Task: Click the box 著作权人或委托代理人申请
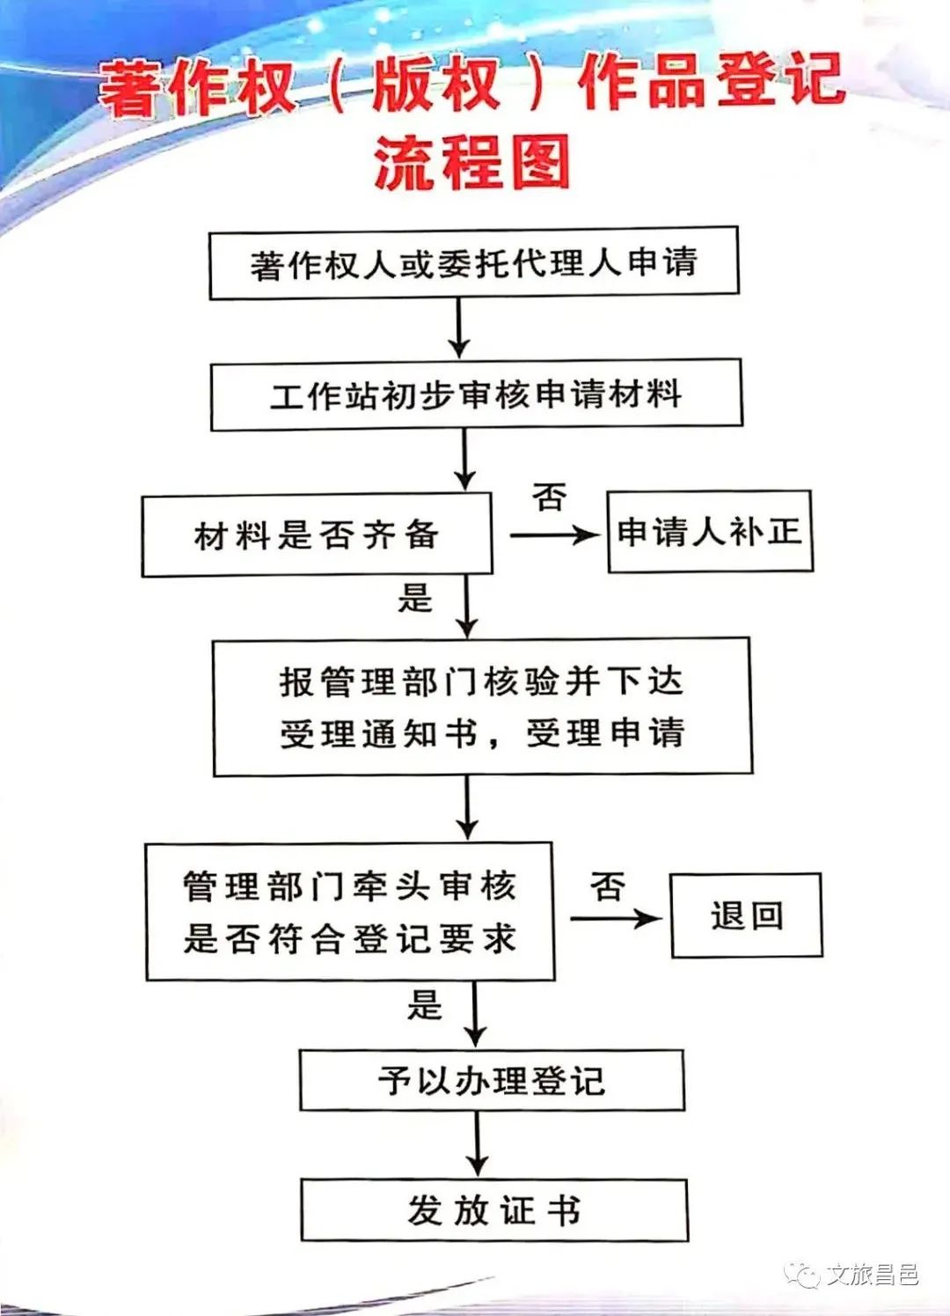coord(473,262)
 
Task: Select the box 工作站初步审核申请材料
coord(476,394)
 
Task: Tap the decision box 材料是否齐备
coord(317,534)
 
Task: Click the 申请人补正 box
coord(709,532)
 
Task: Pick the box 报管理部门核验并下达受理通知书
coord(482,707)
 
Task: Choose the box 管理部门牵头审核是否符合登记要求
coord(349,911)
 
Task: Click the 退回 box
coord(746,915)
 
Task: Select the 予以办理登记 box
coord(492,1080)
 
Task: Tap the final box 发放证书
coord(493,1210)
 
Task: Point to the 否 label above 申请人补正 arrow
coord(550,498)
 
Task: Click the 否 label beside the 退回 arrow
coord(608,886)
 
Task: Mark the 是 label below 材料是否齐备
coord(415,599)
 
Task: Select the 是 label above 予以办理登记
coord(424,1004)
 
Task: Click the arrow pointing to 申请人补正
coord(554,534)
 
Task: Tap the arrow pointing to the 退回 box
coord(615,919)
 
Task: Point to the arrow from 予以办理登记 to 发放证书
coord(477,1142)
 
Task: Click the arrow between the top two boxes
coord(458,327)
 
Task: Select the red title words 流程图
coord(472,162)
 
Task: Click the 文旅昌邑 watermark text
coord(872,1274)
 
